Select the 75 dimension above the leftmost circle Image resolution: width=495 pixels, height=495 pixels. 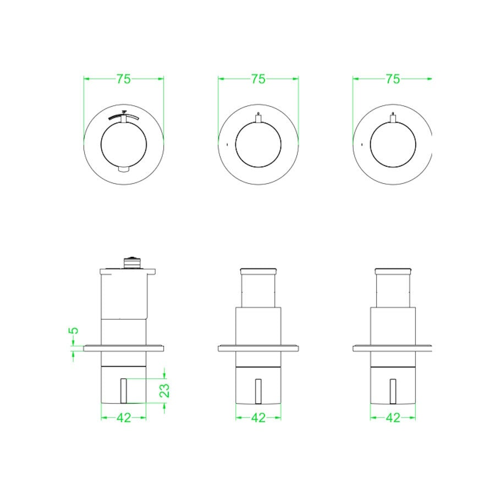click(124, 79)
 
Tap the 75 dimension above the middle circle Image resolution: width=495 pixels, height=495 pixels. click(258, 79)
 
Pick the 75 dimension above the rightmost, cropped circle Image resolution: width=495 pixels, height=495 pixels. click(392, 79)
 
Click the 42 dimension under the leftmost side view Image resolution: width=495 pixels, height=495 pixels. click(124, 418)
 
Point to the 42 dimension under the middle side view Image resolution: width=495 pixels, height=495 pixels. click(258, 418)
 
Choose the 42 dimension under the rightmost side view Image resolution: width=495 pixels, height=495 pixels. click(392, 418)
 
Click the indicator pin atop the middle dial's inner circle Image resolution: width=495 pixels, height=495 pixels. click(258, 117)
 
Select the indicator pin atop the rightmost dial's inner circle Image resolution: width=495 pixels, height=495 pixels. click(392, 117)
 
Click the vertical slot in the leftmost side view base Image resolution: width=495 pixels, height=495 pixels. click(124, 391)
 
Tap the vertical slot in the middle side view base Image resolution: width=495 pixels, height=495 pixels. click(258, 391)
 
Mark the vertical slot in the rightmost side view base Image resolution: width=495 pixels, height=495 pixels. click(392, 391)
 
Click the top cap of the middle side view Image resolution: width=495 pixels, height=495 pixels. click(258, 271)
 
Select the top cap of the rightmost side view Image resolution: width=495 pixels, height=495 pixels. click(392, 271)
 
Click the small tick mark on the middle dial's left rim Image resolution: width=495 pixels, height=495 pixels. click(227, 144)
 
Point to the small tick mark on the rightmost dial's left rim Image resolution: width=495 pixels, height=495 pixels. click(361, 144)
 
